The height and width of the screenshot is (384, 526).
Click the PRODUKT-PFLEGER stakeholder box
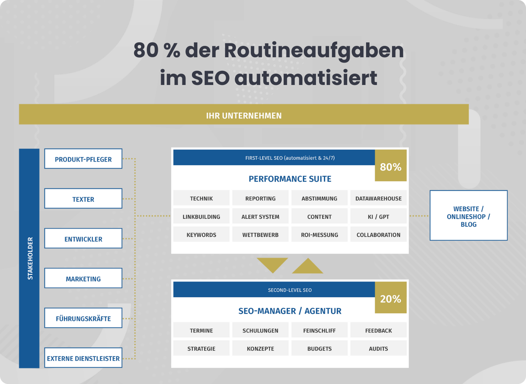83,159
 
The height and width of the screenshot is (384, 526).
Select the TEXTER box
83,198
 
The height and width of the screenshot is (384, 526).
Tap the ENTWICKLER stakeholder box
83,238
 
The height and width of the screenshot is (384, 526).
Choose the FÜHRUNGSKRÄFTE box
83,318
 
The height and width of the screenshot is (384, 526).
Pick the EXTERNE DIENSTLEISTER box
83,358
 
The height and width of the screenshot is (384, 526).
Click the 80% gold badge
391,165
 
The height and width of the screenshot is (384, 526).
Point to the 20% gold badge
391,297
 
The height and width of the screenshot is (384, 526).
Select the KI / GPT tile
378,216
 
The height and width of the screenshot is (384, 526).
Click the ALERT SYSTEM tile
260,216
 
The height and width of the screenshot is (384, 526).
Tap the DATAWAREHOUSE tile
378,198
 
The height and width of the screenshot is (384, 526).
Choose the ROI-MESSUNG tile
320,234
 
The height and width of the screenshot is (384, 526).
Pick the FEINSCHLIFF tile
320,330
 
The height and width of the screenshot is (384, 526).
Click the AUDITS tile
378,348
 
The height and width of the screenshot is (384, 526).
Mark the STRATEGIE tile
201,348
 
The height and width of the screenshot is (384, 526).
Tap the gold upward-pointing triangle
308,268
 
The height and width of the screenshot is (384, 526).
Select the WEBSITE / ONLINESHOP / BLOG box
468,215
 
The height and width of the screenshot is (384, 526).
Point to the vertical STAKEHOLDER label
30,258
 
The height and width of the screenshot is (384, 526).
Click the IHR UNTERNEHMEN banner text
244,116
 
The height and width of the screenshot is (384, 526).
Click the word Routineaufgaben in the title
314,51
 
